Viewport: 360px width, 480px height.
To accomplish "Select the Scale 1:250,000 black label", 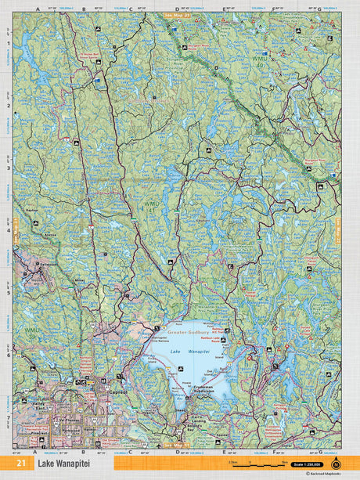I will [304, 464].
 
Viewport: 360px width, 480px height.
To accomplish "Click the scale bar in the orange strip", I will [250, 464].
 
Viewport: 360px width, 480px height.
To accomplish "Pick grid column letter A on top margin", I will [37, 9].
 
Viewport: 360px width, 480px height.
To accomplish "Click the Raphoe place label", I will [32, 210].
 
